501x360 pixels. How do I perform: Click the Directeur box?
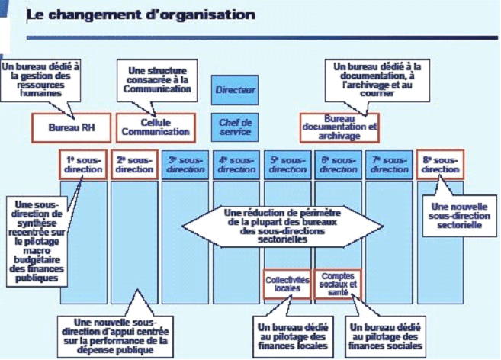(235, 91)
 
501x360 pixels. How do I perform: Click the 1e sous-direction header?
(83, 164)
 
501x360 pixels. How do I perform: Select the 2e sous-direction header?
(133, 164)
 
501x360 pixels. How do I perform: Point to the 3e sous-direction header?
(185, 164)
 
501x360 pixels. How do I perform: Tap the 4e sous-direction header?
(236, 164)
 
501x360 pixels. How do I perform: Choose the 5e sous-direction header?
(287, 164)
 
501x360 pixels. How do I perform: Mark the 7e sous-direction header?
(389, 164)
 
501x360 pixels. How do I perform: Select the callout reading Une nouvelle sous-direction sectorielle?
(460, 217)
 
